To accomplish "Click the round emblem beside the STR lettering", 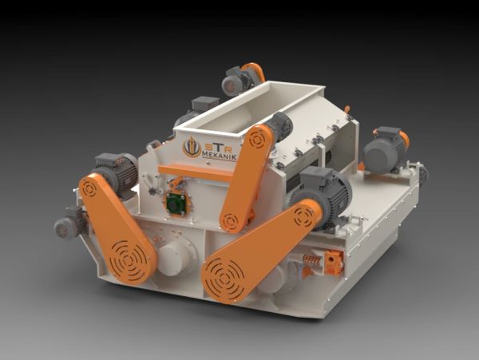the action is coord(192,147).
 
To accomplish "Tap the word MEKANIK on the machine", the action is coord(220,157).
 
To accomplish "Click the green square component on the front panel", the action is coord(176,203).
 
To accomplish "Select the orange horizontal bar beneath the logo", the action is coord(196,172).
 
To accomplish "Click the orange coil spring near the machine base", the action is coord(311,261).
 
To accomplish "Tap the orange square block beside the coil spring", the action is coord(335,262).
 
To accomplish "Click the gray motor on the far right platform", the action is coord(386,150).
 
